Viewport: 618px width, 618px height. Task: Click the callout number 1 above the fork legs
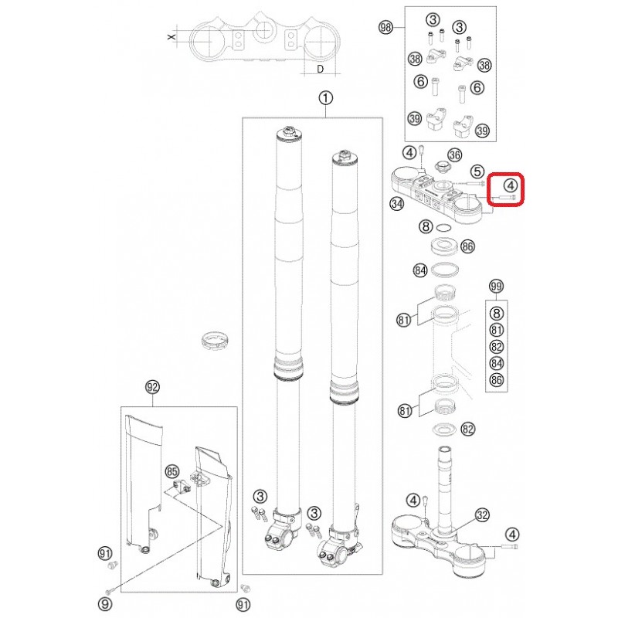pos(325,98)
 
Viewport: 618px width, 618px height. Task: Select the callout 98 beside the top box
pos(385,27)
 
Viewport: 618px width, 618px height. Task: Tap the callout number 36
pos(455,155)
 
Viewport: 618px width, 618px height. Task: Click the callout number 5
pos(477,171)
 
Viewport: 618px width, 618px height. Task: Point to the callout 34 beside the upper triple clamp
pos(397,204)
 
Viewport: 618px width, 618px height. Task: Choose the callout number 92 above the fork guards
pos(152,387)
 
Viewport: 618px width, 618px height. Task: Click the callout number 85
pos(171,471)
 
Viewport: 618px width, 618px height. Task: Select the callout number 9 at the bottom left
pos(105,604)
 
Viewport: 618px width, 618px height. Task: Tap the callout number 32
pos(482,514)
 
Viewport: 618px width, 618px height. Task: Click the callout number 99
pos(496,286)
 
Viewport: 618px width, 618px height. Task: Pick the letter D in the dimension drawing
pos(321,69)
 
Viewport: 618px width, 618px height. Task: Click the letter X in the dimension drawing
pos(171,36)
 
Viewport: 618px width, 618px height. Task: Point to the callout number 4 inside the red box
pos(511,185)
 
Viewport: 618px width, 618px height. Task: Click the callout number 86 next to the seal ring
pos(467,246)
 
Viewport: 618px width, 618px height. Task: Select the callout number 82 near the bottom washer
pos(468,429)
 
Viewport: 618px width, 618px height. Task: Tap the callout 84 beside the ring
pos(420,270)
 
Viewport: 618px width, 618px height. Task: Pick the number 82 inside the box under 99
pos(497,346)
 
